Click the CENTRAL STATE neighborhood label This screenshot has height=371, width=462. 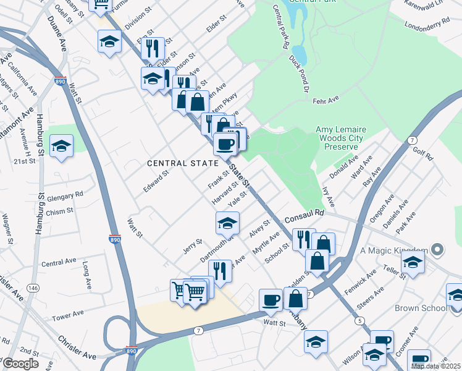pos(183,163)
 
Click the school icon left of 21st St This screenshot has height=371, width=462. pos(61,146)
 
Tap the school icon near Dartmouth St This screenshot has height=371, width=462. pos(227,222)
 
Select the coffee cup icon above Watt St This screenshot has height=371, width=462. pos(271,299)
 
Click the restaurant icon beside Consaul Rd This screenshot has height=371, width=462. pos(302,239)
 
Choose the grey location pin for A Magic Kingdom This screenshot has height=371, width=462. pos(438,250)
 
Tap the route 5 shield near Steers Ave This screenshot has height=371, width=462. pos(359,320)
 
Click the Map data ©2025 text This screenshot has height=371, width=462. pos(435,366)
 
